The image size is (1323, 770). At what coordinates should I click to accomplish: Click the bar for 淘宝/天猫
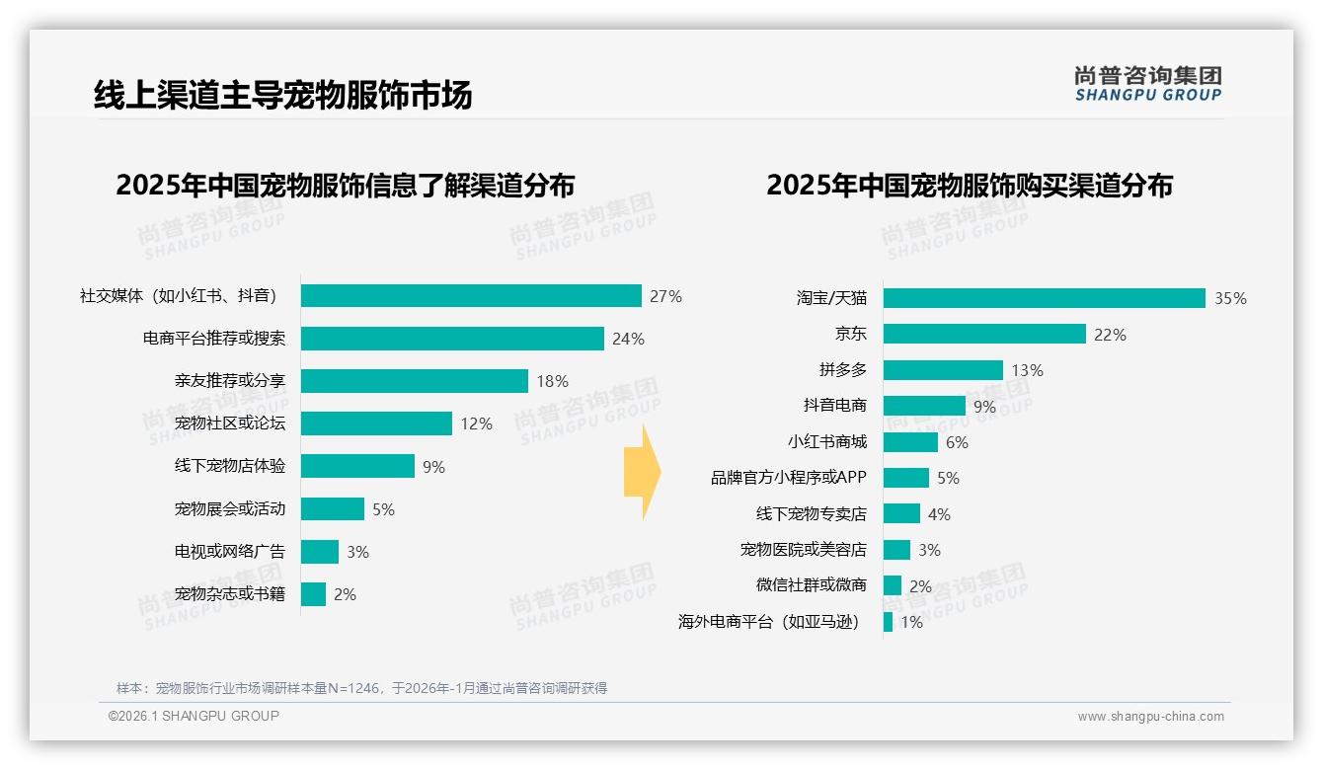coord(1044,298)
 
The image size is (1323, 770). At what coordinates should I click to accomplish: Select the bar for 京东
coord(984,334)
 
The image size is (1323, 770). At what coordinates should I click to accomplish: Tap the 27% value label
coord(665,296)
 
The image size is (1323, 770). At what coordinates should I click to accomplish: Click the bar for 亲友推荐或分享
coord(415,381)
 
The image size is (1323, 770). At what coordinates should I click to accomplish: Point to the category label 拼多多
coord(842,370)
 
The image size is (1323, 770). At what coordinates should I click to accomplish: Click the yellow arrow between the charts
coord(642,472)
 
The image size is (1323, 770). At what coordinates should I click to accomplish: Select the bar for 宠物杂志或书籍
coord(313,594)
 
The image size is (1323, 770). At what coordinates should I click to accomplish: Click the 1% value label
coord(911,622)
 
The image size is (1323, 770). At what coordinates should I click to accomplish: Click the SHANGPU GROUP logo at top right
coord(1147,84)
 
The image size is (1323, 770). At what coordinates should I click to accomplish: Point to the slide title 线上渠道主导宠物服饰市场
coord(282,95)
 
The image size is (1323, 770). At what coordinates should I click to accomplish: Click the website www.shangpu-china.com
coord(1150,717)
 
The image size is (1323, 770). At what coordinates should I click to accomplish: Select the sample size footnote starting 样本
coord(361,688)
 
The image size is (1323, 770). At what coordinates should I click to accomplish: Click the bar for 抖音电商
coord(924,406)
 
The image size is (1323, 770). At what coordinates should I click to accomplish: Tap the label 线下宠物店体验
coord(230,466)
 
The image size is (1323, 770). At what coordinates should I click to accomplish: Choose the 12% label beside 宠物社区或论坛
coord(476,423)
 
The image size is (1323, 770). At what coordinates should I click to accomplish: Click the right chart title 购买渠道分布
coord(969,186)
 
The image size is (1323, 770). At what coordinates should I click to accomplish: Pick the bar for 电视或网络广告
coord(320,552)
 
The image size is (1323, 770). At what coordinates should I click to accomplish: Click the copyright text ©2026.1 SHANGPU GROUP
coord(194,716)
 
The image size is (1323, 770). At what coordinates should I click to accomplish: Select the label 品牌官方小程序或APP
coord(788,478)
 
